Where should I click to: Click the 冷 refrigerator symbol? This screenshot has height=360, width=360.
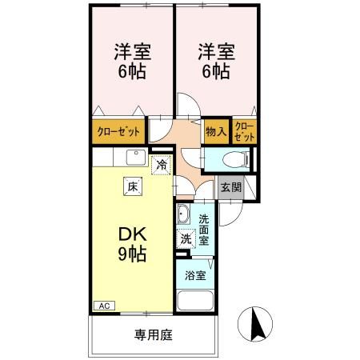click(161, 166)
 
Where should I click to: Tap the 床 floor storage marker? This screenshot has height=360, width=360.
click(129, 187)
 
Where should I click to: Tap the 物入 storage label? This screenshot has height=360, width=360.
click(214, 132)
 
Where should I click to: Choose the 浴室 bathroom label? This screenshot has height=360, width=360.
click(194, 275)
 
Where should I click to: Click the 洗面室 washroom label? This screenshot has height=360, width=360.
click(204, 230)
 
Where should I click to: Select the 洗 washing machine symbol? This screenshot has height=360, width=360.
click(186, 238)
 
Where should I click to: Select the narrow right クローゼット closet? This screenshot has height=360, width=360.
click(245, 132)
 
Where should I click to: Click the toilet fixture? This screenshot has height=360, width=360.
click(235, 158)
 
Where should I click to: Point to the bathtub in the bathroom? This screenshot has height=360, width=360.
click(194, 302)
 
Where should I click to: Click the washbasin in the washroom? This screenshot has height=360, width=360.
click(183, 214)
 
